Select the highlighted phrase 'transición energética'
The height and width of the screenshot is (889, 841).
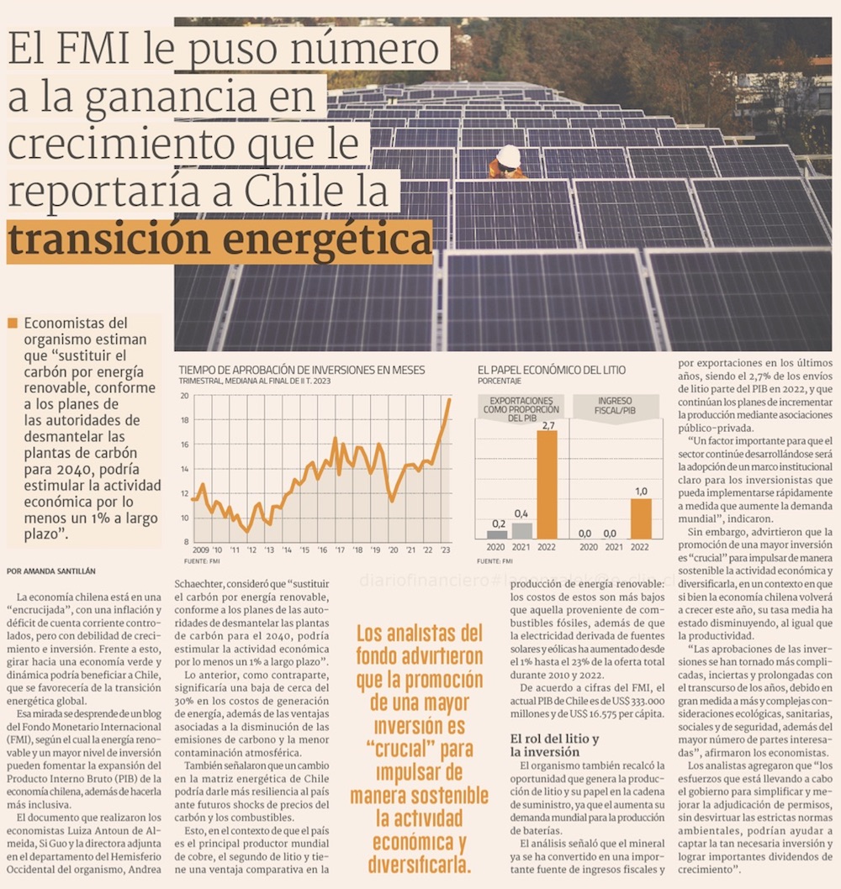(220, 241)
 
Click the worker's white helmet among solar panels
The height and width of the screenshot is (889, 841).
(508, 155)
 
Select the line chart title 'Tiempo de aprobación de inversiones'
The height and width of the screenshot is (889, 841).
(302, 370)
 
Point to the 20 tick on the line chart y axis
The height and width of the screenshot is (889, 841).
(186, 397)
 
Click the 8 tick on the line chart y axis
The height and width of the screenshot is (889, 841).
(187, 541)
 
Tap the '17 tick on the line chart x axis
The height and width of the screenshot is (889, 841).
(340, 550)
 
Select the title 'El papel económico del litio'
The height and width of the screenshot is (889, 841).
(551, 370)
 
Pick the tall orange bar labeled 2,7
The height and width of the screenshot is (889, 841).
(547, 484)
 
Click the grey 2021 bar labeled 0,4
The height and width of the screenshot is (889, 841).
(521, 530)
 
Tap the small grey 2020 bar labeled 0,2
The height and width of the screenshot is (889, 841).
(497, 534)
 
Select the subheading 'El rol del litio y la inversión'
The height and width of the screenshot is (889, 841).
(554, 745)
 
